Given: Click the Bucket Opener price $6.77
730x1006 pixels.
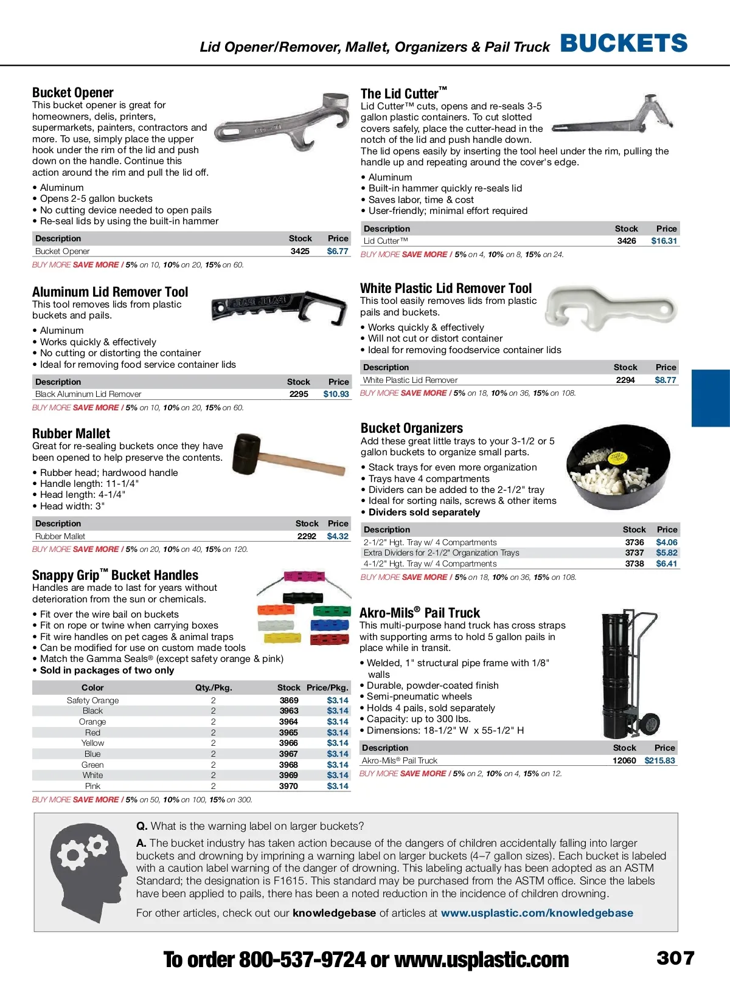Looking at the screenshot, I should [x=338, y=251].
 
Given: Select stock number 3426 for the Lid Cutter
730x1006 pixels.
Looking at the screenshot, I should [x=627, y=241].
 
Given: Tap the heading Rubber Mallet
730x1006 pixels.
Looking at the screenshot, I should [x=71, y=434].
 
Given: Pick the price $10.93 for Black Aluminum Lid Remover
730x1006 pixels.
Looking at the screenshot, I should [x=336, y=394].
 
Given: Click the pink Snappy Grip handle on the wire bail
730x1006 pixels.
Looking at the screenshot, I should [x=304, y=576].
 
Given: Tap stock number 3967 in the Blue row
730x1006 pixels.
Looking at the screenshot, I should [x=288, y=754].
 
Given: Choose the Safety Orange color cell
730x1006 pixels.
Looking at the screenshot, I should [x=92, y=700].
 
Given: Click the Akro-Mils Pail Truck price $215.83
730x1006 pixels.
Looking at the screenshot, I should [x=659, y=760].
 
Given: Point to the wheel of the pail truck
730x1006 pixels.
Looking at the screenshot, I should [x=651, y=723].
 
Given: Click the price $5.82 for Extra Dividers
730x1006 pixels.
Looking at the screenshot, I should [x=667, y=553].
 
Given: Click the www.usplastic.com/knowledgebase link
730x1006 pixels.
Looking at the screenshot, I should [x=537, y=913].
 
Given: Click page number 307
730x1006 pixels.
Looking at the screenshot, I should [x=675, y=959].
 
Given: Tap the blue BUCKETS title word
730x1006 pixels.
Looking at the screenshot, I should [x=624, y=44].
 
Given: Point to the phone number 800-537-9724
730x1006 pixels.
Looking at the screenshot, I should [x=302, y=960].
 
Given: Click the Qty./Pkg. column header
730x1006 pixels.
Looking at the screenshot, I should [x=214, y=687].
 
